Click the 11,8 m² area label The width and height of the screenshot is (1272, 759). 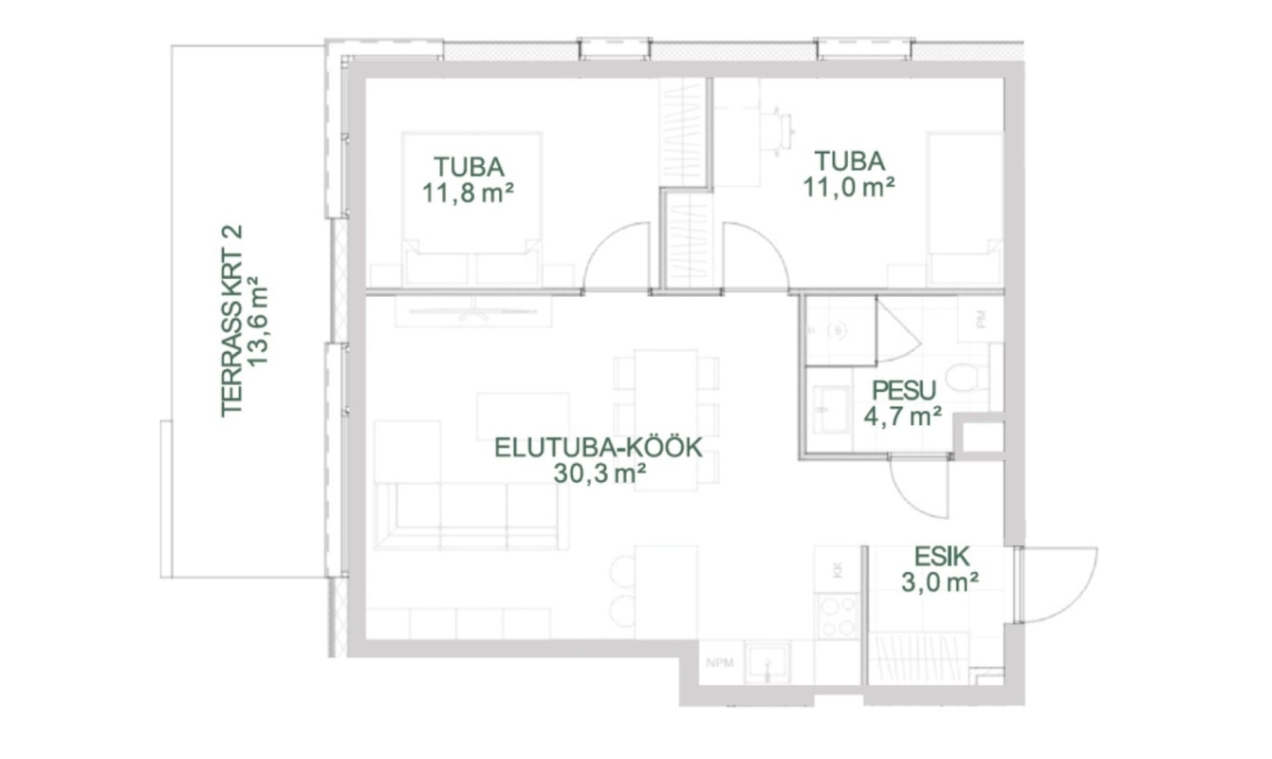point(468,194)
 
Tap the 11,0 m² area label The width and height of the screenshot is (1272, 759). point(849,187)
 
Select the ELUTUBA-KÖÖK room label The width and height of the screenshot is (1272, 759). point(599,448)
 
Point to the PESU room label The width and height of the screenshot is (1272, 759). point(903,391)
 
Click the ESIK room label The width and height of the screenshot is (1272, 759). point(942,557)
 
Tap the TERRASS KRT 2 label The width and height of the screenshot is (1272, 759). point(231,321)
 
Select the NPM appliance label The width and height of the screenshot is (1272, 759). point(720,662)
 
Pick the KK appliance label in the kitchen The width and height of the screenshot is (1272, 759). point(837,570)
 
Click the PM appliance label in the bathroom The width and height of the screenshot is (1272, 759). point(981,320)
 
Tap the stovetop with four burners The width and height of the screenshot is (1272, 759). point(838,616)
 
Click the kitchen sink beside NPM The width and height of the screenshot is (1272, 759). point(767,662)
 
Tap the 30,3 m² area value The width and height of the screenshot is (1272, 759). point(599,473)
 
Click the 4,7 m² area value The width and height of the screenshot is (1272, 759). point(903,417)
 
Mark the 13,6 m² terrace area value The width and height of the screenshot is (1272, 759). point(257,321)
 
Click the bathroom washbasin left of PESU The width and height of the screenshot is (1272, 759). point(830,409)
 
